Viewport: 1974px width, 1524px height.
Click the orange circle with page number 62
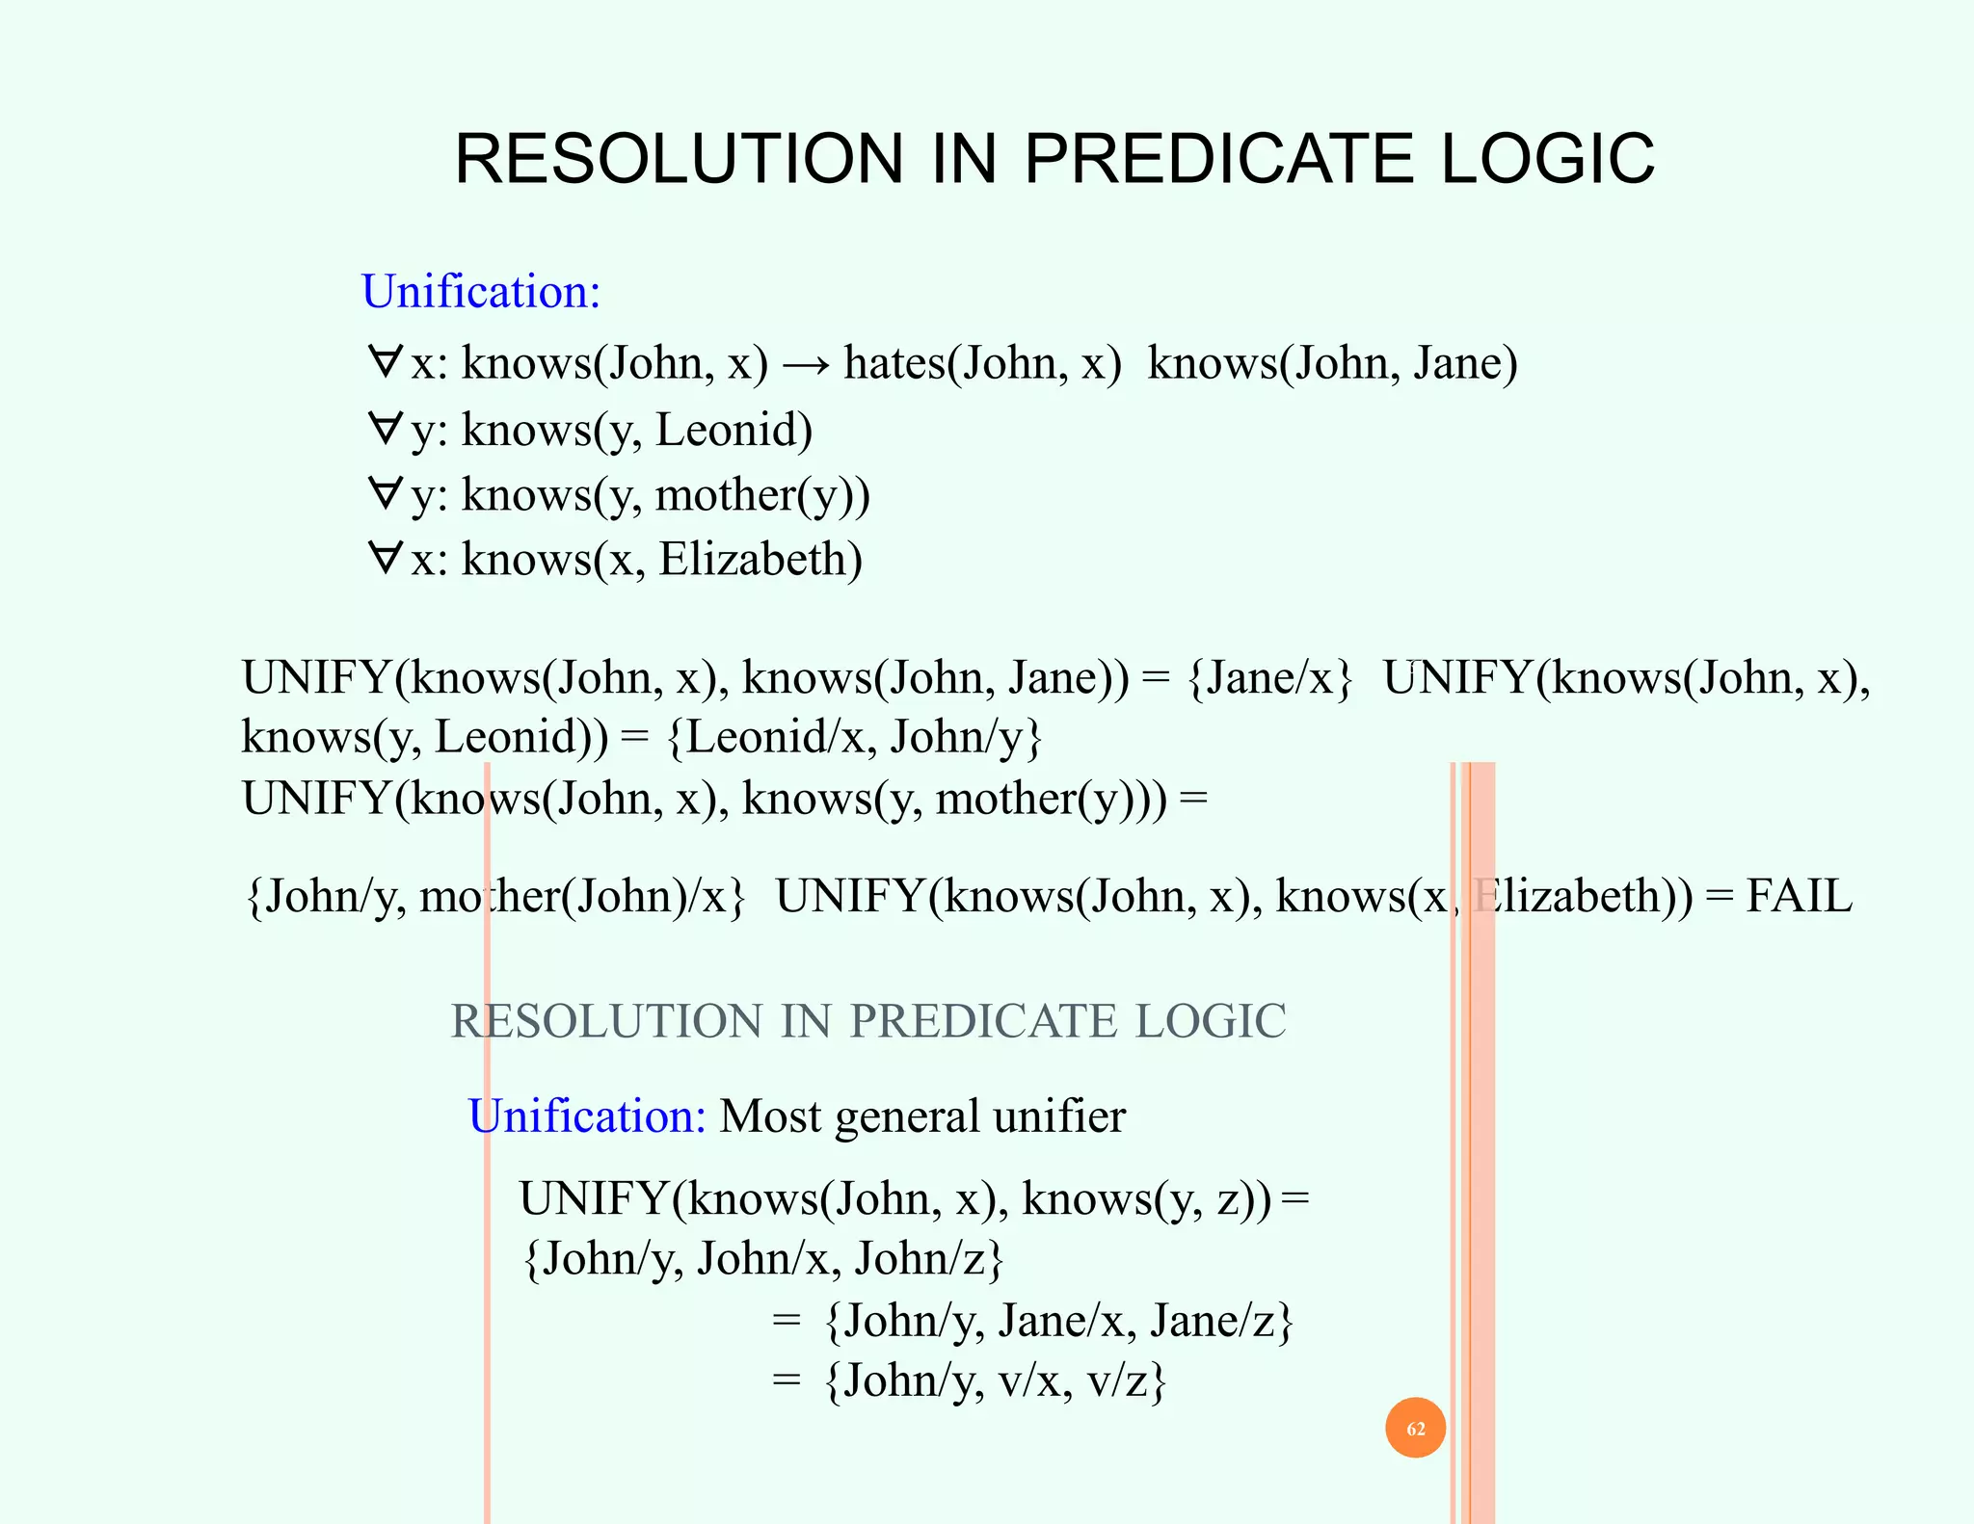point(1415,1428)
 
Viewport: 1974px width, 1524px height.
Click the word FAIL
point(1799,896)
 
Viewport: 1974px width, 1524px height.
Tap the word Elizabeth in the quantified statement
point(759,560)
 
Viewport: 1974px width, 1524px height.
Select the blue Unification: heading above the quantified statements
point(481,291)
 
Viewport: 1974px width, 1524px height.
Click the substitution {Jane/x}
point(1270,678)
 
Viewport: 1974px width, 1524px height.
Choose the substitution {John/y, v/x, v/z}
point(996,1381)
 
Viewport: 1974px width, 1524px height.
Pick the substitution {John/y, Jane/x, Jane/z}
point(1058,1321)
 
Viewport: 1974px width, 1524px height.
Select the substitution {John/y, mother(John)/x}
point(495,897)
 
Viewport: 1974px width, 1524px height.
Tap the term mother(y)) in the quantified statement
point(762,495)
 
